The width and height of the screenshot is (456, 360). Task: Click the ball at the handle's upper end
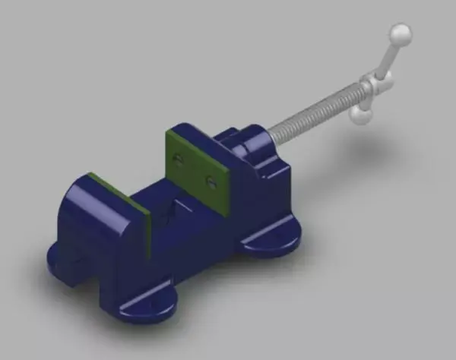pos(400,34)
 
